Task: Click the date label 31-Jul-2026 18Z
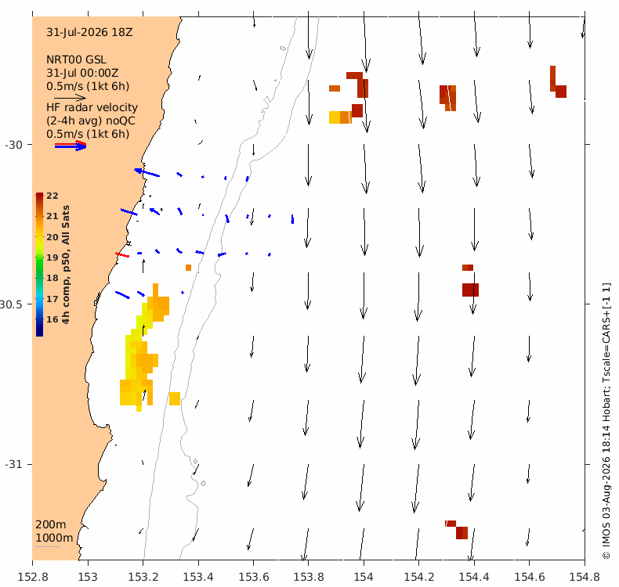(89, 32)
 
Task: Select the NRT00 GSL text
(76, 60)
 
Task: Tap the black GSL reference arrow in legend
(71, 98)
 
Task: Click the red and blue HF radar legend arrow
(71, 146)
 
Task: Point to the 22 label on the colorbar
(52, 196)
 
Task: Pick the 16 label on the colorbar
(52, 319)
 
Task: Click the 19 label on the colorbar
(52, 257)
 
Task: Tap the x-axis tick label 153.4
(198, 577)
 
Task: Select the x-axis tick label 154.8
(585, 577)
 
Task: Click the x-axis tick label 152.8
(33, 577)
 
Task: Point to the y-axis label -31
(13, 464)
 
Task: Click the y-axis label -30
(13, 145)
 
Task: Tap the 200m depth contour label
(51, 524)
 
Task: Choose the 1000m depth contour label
(54, 538)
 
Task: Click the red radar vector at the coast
(122, 255)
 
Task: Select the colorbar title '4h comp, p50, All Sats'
(66, 265)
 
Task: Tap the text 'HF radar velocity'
(92, 108)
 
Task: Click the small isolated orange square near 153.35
(188, 268)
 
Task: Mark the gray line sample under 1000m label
(47, 546)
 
